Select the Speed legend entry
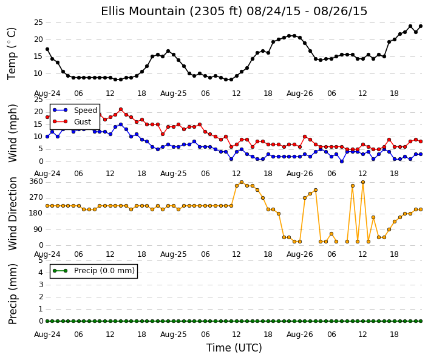click(86, 110)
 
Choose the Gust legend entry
click(83, 122)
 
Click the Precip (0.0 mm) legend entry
click(104, 271)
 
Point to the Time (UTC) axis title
click(234, 348)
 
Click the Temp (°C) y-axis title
click(12, 54)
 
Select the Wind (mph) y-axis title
click(13, 133)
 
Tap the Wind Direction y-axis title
click(13, 214)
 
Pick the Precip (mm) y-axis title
click(13, 294)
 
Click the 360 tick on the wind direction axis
click(36, 182)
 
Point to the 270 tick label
click(36, 197)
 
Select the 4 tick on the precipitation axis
click(41, 273)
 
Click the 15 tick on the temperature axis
click(38, 56)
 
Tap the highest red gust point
click(121, 109)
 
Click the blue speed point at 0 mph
click(342, 161)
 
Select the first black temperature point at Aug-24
click(47, 49)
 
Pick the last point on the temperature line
click(421, 26)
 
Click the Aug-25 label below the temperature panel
click(174, 93)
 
